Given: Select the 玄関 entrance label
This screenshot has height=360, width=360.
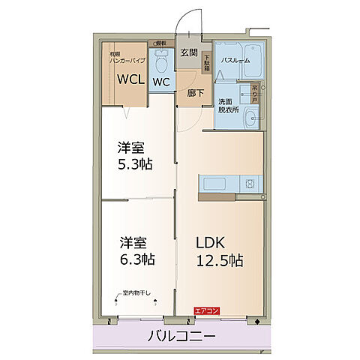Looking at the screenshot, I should (188, 52).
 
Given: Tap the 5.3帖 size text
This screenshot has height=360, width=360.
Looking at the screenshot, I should (136, 163).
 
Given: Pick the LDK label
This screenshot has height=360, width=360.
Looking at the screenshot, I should (212, 243).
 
